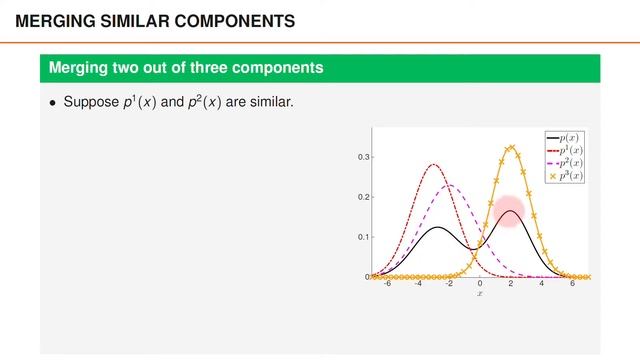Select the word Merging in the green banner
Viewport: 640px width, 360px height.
pyautogui.click(x=80, y=68)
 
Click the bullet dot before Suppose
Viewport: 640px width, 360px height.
pyautogui.click(x=53, y=103)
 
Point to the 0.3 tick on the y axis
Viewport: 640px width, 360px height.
pyautogui.click(x=364, y=157)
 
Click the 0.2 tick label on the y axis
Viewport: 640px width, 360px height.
pyautogui.click(x=364, y=197)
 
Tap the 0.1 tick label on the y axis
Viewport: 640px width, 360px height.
pyautogui.click(x=364, y=237)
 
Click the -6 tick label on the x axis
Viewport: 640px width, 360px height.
pyautogui.click(x=388, y=284)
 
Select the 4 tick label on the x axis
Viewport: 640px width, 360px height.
pyautogui.click(x=542, y=284)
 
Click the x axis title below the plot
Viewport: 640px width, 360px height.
pyautogui.click(x=480, y=293)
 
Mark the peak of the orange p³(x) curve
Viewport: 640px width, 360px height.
pyautogui.click(x=511, y=147)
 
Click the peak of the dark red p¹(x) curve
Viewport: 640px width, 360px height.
pyautogui.click(x=434, y=165)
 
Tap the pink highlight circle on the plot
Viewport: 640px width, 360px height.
pyautogui.click(x=510, y=212)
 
